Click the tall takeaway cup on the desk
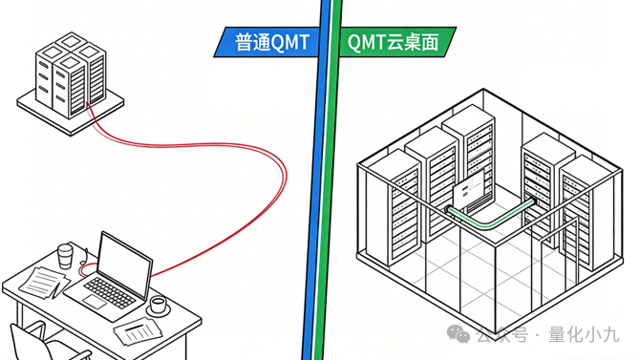coord(65,257)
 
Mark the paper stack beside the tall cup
coord(42,281)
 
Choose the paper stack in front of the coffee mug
coord(139,331)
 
